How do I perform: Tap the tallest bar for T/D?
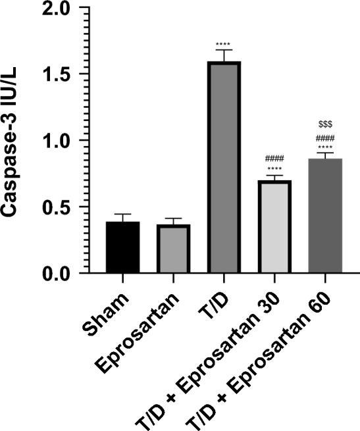click(224, 168)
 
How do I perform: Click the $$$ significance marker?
click(325, 123)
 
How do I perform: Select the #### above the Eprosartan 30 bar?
click(274, 159)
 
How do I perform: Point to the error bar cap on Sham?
click(122, 215)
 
